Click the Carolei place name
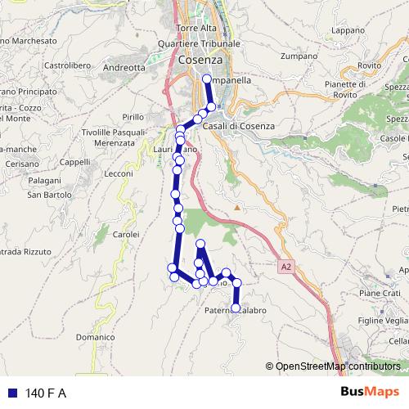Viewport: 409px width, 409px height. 126,235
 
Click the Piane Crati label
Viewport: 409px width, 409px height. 379,293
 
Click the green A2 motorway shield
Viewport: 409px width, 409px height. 283,266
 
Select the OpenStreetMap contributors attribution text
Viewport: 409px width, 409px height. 337,366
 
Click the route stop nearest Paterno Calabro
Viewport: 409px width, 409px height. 236,308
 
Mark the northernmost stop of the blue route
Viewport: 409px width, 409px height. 207,80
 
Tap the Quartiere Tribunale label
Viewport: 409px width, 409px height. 199,44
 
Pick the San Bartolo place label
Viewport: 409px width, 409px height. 46,196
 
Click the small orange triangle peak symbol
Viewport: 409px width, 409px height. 237,207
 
